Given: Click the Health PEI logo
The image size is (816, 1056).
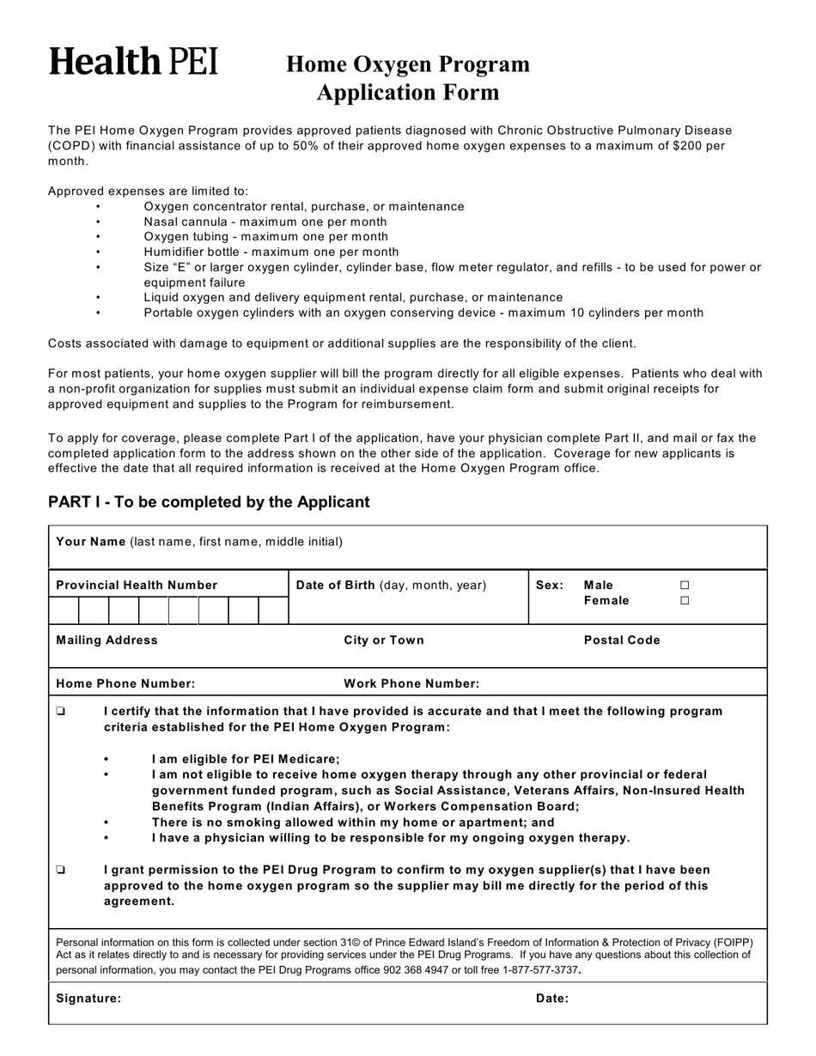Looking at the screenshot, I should [133, 62].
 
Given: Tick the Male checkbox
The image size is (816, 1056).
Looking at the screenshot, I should [685, 586].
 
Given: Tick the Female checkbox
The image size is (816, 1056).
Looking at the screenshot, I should [685, 602].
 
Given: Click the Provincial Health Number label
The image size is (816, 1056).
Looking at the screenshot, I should [137, 586].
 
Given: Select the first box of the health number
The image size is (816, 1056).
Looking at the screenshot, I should [64, 610].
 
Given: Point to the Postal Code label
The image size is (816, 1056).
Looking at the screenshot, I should [622, 640].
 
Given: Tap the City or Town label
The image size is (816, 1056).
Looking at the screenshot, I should [383, 640].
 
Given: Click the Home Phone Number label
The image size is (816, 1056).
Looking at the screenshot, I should [125, 684].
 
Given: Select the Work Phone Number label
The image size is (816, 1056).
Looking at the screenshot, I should [411, 684].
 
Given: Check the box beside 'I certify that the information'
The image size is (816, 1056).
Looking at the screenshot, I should [60, 712].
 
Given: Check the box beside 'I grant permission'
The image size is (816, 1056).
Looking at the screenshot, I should [60, 870].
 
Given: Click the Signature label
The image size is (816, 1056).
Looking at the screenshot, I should [88, 998].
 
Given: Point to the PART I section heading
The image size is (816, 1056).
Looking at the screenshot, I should [209, 502].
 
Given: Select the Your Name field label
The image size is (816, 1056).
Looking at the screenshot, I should [90, 542].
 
